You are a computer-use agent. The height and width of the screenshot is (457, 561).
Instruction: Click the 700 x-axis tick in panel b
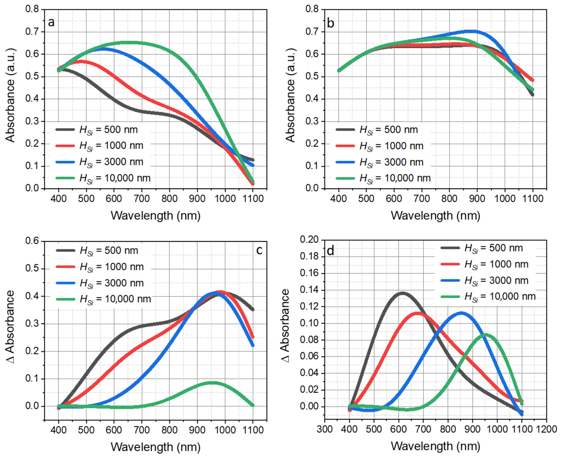422,198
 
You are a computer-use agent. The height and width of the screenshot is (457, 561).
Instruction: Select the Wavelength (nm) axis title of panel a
156,216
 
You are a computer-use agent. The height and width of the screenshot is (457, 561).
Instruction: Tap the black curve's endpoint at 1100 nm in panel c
253,310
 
